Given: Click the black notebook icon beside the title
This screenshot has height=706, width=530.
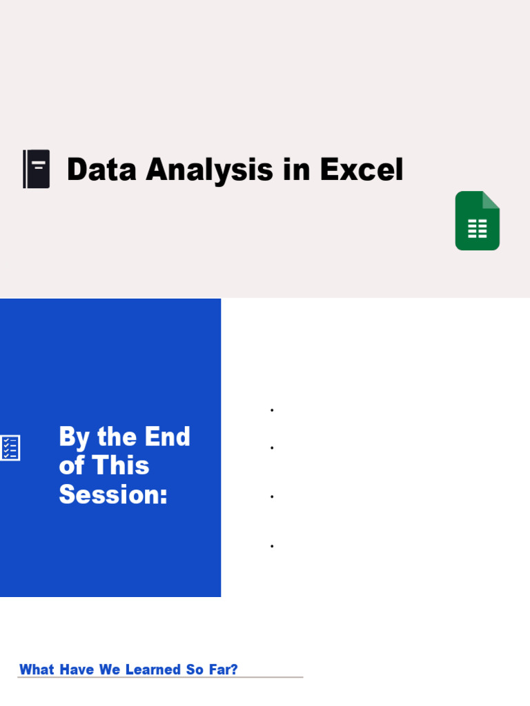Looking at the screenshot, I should [36, 169].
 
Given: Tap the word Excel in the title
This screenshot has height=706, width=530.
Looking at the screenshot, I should [361, 170].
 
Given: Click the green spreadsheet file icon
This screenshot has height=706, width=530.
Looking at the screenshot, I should [477, 221].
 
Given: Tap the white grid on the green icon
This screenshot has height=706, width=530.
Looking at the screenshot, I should [478, 229].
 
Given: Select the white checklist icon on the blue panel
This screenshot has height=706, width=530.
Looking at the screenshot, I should [10, 448].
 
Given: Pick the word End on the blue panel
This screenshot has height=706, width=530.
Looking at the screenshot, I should [168, 437].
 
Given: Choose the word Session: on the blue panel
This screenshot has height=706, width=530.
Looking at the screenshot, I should [113, 494].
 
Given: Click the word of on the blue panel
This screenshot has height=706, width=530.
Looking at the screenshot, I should [72, 466].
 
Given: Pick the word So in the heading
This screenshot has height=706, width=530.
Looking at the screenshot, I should [194, 669].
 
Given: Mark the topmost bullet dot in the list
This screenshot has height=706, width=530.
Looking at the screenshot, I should [273, 410].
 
